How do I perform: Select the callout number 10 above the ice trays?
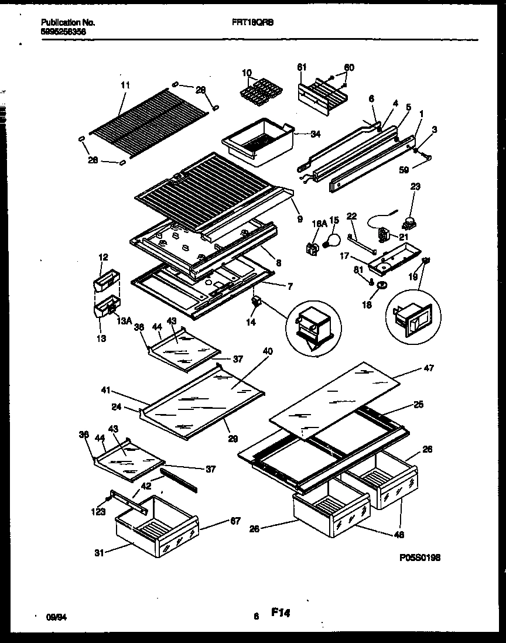click(x=245, y=73)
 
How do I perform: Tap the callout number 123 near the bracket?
click(x=98, y=512)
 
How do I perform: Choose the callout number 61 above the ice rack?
click(x=302, y=67)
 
